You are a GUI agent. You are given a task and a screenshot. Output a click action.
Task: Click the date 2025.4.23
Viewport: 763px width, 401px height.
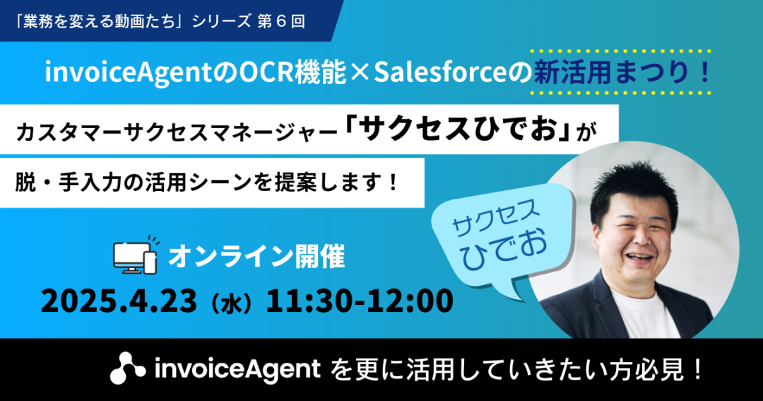[x=119, y=301]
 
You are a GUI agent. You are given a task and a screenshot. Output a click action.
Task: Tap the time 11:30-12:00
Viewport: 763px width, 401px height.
[x=359, y=301]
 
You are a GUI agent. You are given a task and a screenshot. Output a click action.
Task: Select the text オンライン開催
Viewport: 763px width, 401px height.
[x=256, y=257]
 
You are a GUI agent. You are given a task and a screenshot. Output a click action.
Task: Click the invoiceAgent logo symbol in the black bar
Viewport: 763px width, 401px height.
[x=127, y=368]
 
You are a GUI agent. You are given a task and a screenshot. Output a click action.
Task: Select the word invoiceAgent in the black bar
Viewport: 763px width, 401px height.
[x=237, y=369]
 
